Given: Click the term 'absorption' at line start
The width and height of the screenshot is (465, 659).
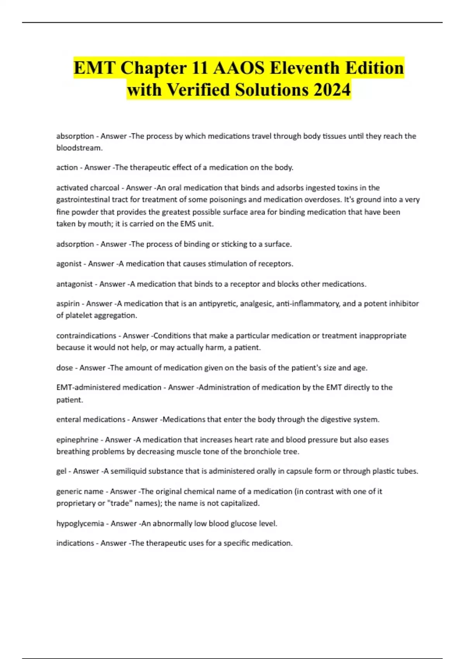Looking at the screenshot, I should coord(75,136).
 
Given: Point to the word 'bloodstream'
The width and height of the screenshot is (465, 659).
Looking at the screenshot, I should coord(79,148).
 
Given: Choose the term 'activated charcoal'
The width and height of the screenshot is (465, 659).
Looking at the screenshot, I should coord(88,188).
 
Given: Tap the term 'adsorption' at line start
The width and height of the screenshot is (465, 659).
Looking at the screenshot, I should coord(75,244).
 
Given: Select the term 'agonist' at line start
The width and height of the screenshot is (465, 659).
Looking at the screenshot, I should coord(69,264).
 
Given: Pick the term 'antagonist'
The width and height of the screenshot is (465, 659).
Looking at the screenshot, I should coord(74,284).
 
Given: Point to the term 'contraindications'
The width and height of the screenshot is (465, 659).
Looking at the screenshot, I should coord(86,336).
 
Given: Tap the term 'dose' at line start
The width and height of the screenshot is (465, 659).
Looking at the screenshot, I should coord(64,368).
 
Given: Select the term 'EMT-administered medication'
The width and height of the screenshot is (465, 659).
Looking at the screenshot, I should coord(108,387).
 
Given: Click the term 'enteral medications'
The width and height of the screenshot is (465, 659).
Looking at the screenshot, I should coord(91,419).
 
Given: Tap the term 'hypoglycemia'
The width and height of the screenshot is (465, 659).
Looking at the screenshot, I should coord(80,524).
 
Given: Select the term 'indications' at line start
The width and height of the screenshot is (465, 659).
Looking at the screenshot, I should coord(75,543).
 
